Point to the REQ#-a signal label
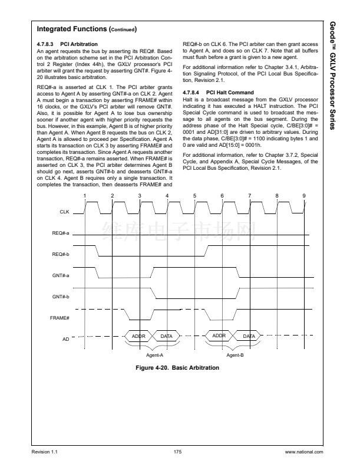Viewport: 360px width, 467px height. [60, 233]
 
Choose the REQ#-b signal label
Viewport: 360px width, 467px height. [60, 254]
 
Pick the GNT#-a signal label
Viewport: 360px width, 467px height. [60, 275]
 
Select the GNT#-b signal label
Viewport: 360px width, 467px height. [60, 296]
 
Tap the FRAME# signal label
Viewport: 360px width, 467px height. [61, 318]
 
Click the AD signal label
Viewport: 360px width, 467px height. [65, 339]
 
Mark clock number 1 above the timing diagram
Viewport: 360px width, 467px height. [85, 195]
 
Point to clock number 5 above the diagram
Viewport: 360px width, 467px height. [194, 195]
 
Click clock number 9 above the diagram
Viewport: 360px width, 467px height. [304, 195]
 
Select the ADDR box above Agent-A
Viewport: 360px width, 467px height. [138, 336]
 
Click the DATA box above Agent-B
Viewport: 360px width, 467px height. [249, 336]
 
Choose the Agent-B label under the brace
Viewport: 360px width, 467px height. [235, 355]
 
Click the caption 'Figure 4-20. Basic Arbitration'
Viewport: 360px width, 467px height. [177, 368]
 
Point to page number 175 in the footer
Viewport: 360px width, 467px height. [177, 452]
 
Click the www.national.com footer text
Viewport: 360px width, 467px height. [303, 452]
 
